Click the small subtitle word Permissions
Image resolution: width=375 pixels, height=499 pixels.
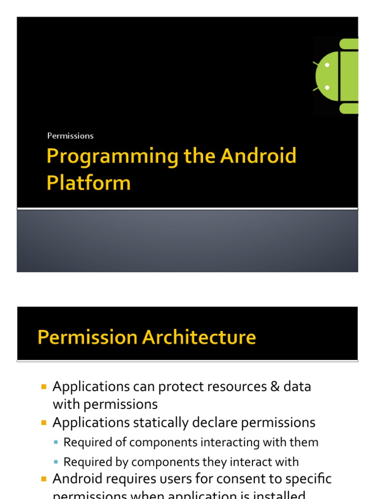click(x=70, y=136)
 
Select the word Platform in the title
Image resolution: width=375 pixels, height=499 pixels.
click(x=88, y=183)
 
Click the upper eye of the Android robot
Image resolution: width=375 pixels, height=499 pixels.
click(x=327, y=65)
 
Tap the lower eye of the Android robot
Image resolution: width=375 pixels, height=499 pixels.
click(x=327, y=88)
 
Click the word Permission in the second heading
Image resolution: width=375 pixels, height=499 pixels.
click(x=83, y=337)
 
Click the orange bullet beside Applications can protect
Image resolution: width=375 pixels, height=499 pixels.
click(x=44, y=387)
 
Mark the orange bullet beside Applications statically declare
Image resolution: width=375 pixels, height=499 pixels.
click(x=44, y=423)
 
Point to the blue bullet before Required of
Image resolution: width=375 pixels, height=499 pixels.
click(x=57, y=443)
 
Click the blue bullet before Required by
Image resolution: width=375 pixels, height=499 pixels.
click(x=57, y=462)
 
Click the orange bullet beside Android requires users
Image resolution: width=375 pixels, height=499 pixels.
click(x=44, y=479)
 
